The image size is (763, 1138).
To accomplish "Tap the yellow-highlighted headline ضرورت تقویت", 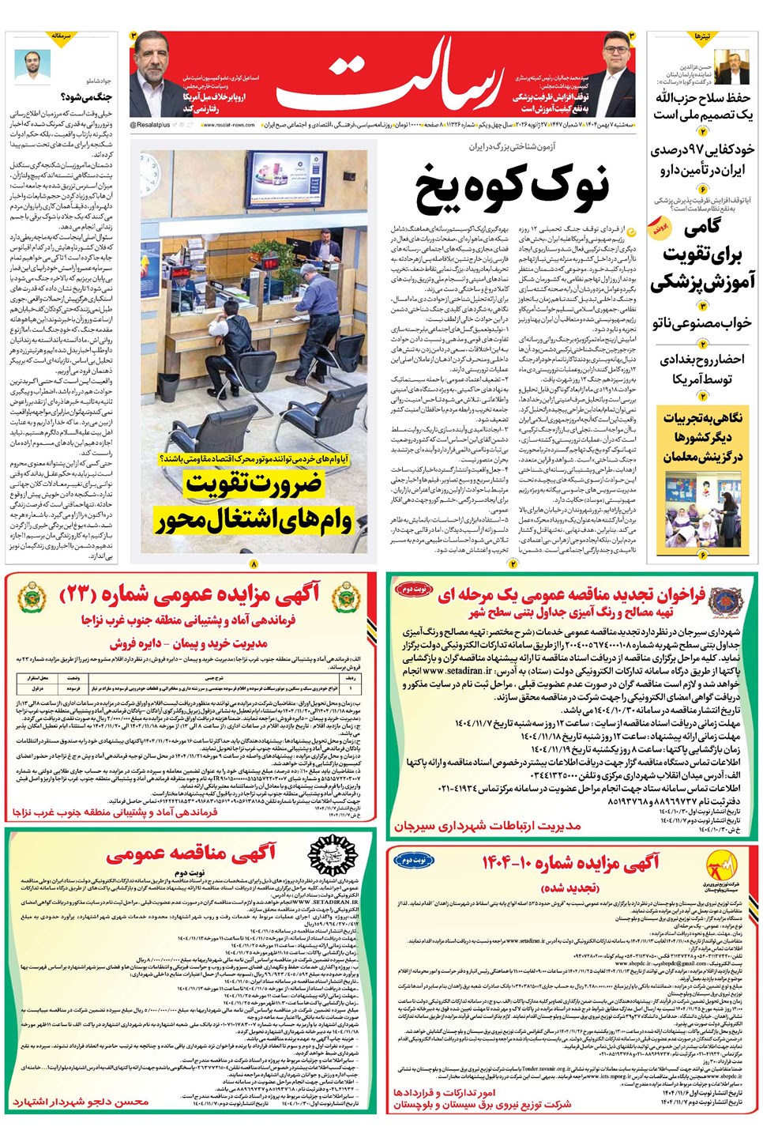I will pos(254,484).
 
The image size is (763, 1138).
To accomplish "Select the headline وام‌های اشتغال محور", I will pos(254,520).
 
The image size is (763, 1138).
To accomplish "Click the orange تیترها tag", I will pos(702,37).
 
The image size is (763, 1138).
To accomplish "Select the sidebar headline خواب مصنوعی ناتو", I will pos(702,323).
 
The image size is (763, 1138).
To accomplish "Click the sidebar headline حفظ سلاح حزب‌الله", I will pos(702,106).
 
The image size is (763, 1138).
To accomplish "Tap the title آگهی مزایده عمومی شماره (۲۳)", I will pos(190,593).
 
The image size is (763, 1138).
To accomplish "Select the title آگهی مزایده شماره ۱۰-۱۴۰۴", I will pos(570,863).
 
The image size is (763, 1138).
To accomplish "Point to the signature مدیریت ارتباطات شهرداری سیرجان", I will pos(487,825).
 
